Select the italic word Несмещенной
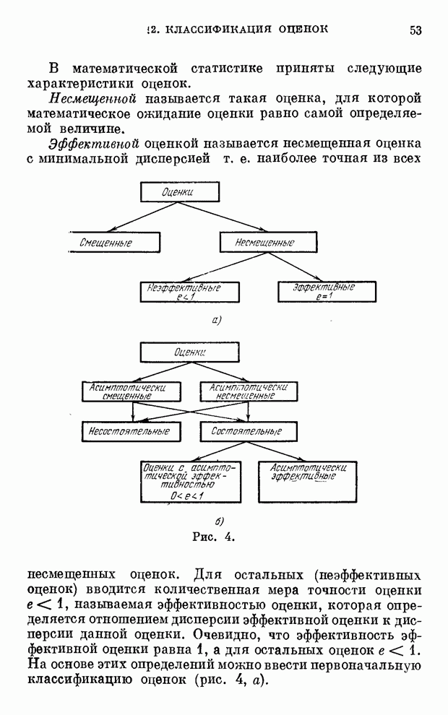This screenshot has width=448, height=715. coord(92,98)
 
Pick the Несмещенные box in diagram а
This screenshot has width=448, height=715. coord(264,243)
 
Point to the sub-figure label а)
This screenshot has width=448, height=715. coord(216,320)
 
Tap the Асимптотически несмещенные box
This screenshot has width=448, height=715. coord(249,391)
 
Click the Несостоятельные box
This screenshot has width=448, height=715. coord(129,431)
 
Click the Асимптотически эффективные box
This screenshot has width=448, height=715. coord(308,482)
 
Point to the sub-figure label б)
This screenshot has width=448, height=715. coord(219,521)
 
